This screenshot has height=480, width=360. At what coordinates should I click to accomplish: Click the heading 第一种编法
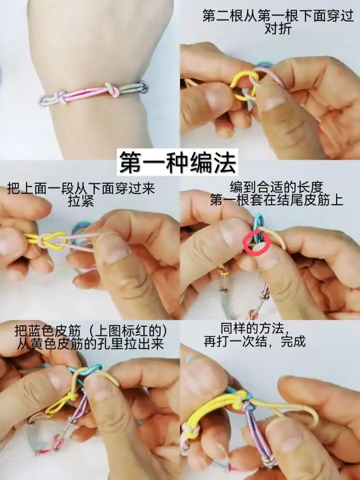click(178, 163)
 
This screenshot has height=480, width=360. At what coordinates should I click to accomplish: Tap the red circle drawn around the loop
click(256, 242)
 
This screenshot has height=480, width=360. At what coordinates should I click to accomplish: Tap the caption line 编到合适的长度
click(276, 186)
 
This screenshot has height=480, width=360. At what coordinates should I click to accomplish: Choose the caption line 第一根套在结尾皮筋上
click(276, 199)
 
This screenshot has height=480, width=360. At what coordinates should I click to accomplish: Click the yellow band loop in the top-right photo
click(243, 85)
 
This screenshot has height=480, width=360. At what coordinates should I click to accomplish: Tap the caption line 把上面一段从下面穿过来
click(81, 188)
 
